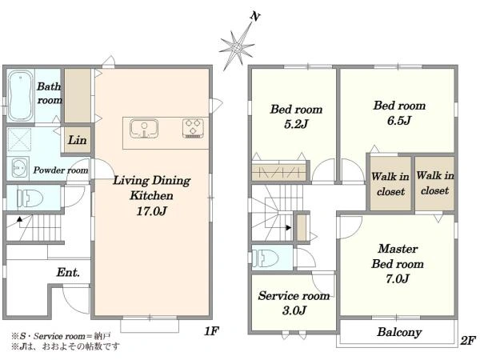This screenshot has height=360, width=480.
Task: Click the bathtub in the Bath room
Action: click(x=20, y=95)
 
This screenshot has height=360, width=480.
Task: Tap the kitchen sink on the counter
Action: click(x=144, y=128)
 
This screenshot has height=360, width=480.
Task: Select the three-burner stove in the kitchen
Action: click(x=193, y=128)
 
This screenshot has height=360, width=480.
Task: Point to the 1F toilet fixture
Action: click(x=30, y=198)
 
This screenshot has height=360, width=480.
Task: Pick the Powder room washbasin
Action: click(x=18, y=168)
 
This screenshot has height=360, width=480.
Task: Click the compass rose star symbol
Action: click(x=237, y=47)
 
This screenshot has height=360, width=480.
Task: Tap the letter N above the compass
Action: click(x=254, y=16)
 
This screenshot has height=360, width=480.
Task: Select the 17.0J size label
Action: click(x=151, y=211)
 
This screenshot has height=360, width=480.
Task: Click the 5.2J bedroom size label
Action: click(x=296, y=124)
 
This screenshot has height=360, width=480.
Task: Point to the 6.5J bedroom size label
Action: click(x=399, y=121)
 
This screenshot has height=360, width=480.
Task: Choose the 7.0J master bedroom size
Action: click(x=398, y=278)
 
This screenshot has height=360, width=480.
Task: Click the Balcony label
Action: click(x=399, y=332)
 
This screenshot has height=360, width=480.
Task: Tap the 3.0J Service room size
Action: click(x=294, y=310)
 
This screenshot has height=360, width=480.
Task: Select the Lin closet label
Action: click(x=77, y=140)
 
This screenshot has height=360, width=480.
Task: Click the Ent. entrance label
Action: click(x=68, y=272)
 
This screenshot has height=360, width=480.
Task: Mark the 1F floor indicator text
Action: click(x=211, y=331)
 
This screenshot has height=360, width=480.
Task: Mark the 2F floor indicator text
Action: click(x=468, y=340)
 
